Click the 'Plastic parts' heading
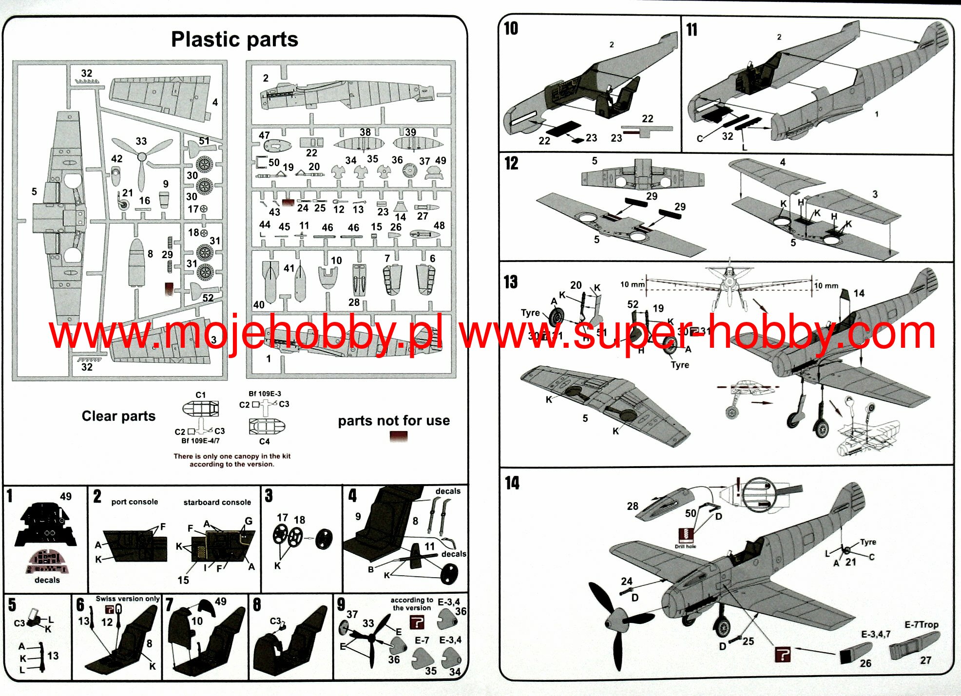(234, 39)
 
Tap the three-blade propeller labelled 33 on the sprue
(142, 158)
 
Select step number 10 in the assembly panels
(511, 29)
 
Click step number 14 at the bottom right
(512, 483)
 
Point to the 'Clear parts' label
(118, 416)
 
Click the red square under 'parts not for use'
(398, 437)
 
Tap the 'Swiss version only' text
(128, 599)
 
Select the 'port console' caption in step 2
(135, 502)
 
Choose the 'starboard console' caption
(217, 502)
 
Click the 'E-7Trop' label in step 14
(921, 624)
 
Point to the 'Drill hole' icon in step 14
(686, 536)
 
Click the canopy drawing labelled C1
(200, 409)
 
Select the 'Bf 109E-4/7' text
(200, 441)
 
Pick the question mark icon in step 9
(417, 622)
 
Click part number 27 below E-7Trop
(925, 660)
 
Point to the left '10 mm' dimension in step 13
(632, 284)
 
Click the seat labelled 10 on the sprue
(328, 278)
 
